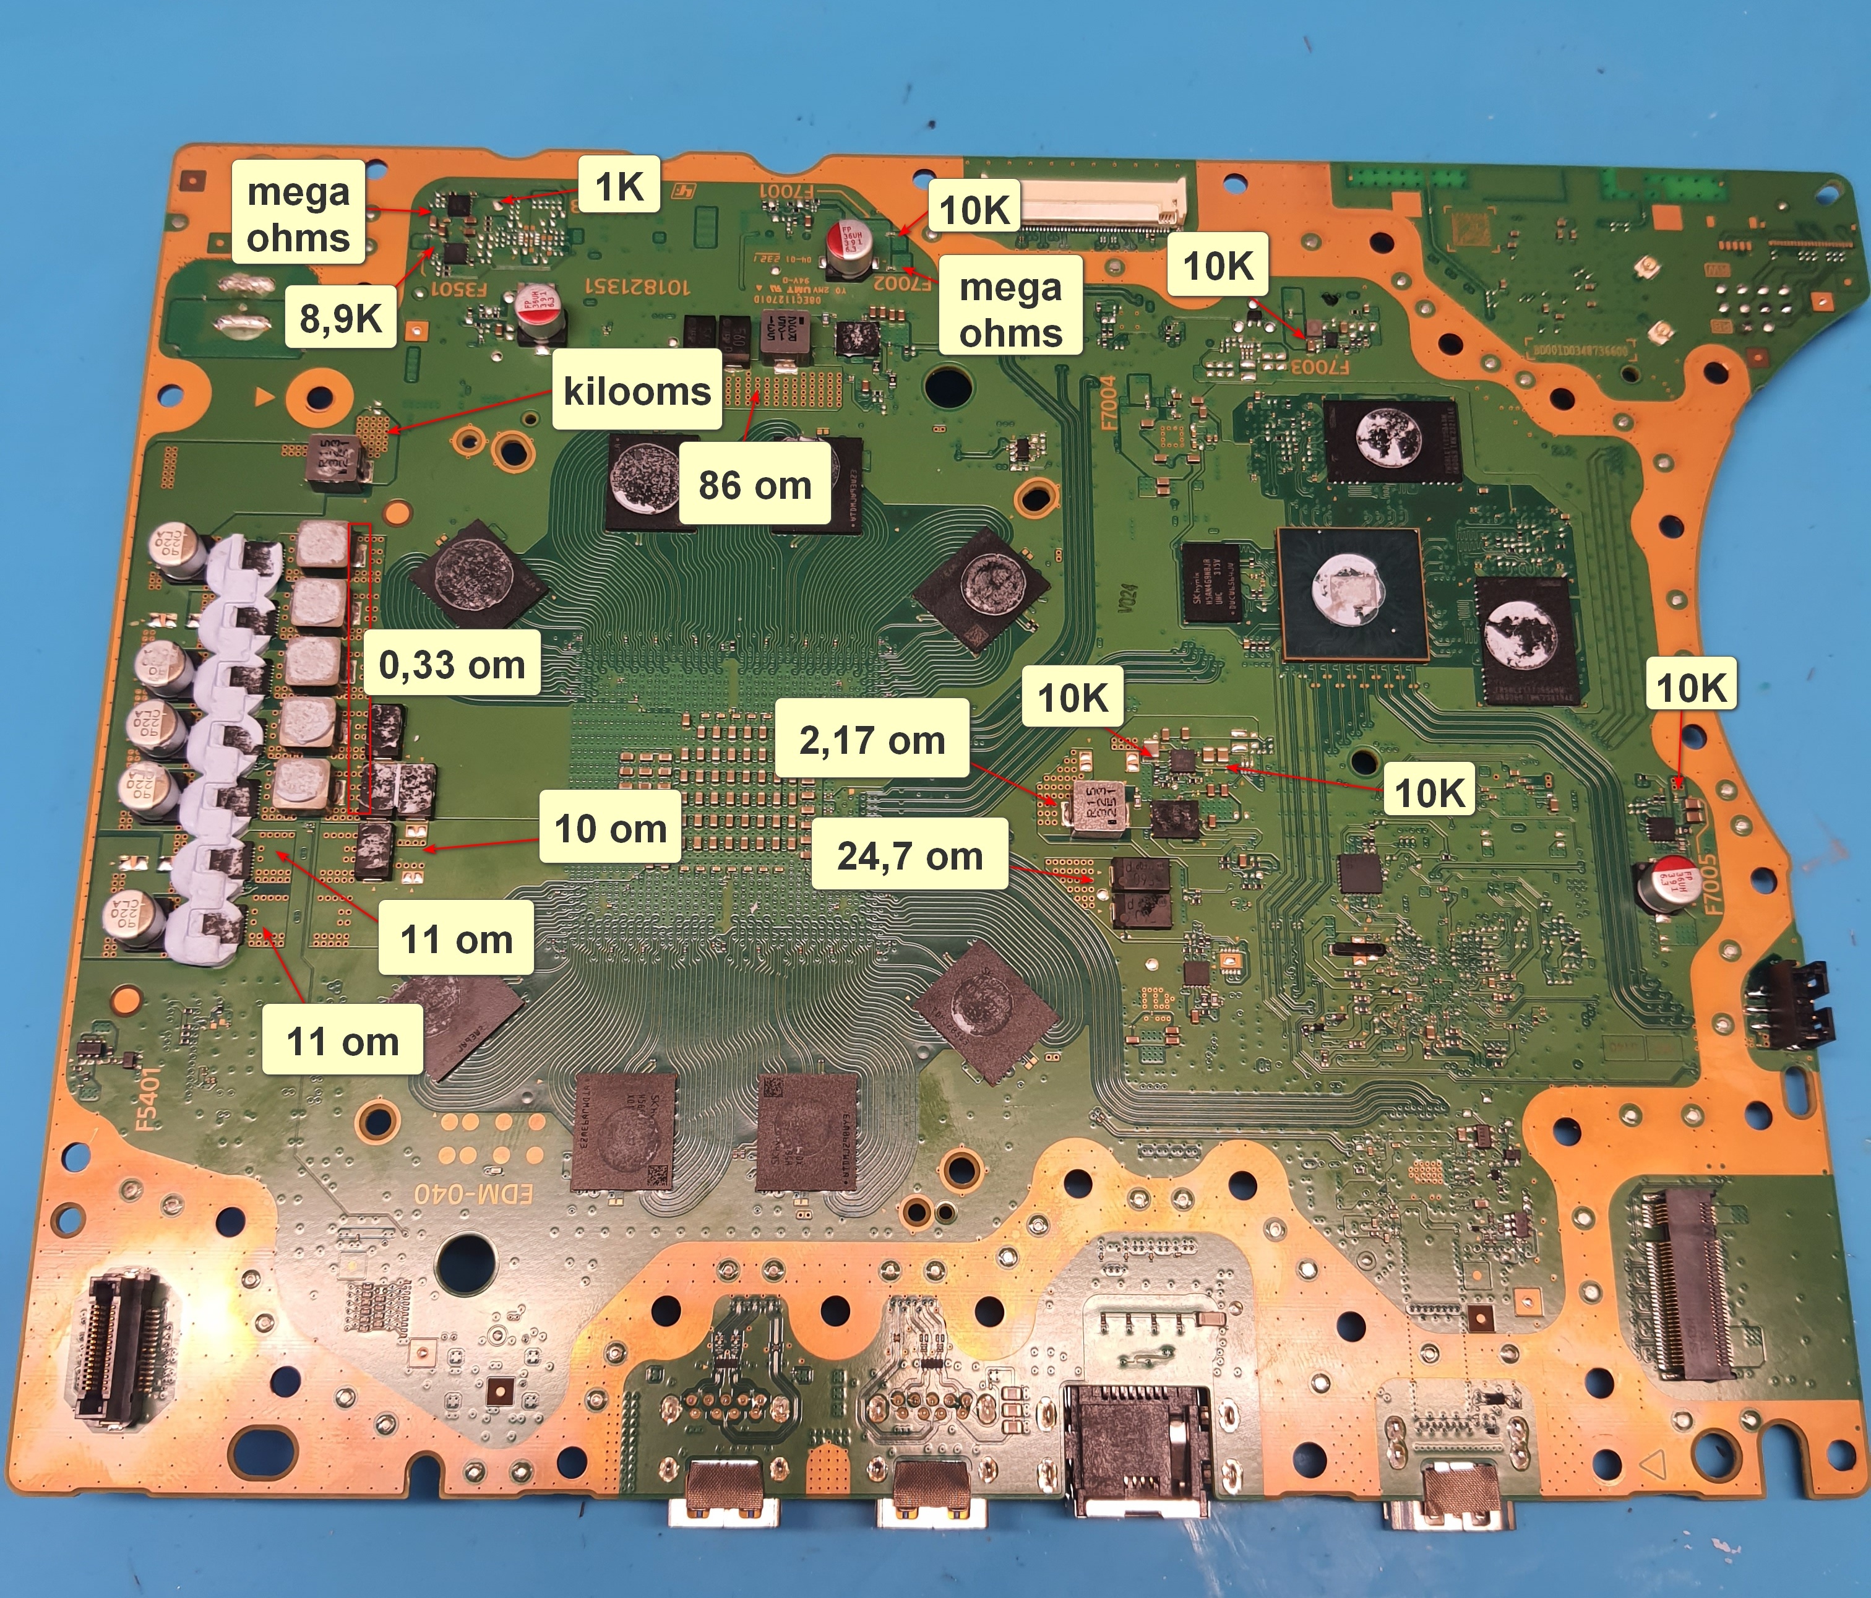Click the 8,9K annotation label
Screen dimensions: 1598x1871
[340, 317]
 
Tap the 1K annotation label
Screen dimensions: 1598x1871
[619, 186]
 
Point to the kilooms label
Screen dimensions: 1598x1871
[637, 391]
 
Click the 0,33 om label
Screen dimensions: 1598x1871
[452, 664]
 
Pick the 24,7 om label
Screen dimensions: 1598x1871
[910, 855]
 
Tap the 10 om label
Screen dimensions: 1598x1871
[611, 827]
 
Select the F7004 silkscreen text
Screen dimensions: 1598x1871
[1109, 403]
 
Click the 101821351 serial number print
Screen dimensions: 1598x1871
[637, 287]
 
